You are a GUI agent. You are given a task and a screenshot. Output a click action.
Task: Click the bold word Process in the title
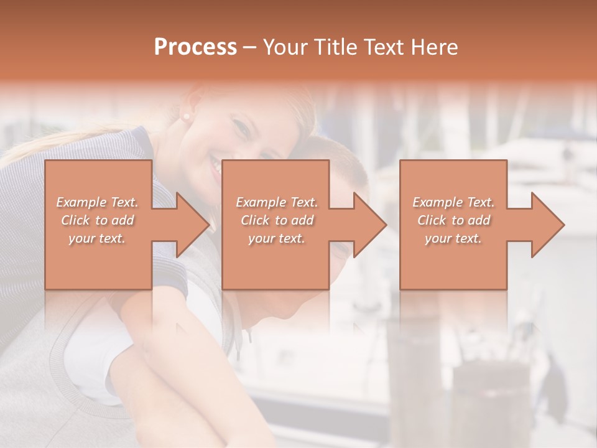[195, 47]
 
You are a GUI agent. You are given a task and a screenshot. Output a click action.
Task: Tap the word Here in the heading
[433, 47]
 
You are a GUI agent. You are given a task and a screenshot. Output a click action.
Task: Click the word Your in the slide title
[286, 47]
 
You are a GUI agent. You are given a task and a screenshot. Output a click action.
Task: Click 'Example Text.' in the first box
[98, 202]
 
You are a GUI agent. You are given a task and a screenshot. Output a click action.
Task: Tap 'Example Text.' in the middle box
[277, 202]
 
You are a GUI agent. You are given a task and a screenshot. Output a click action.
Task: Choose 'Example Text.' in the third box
[453, 202]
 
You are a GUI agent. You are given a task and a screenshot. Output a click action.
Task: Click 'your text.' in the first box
[97, 238]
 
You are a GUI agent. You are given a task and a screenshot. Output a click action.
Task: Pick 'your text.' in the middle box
[277, 238]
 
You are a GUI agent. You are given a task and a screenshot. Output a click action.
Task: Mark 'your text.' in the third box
[453, 238]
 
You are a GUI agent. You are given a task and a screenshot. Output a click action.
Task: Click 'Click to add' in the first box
[98, 220]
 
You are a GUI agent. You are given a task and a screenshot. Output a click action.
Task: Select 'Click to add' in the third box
[453, 220]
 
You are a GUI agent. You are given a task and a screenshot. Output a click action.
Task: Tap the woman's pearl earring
[185, 116]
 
